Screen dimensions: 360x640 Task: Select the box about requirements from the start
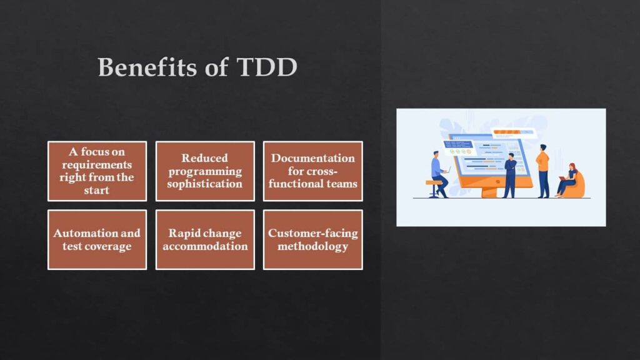(97, 171)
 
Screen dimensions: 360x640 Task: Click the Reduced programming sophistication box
(205, 171)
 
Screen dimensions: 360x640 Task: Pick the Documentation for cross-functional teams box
(312, 171)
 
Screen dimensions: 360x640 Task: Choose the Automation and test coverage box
(97, 239)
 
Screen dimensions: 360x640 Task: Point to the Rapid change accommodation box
(205, 239)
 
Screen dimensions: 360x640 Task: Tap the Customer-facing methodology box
(312, 239)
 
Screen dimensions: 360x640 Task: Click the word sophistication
(205, 184)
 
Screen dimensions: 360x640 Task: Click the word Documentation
(312, 158)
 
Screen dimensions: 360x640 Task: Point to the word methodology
(312, 246)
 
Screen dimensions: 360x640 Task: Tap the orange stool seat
(433, 182)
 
